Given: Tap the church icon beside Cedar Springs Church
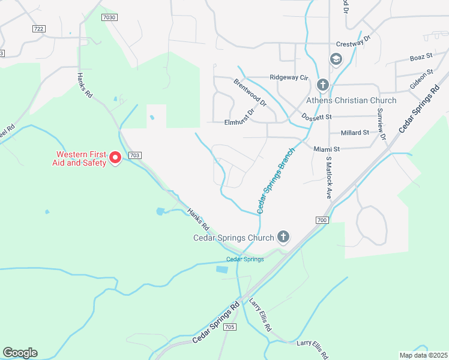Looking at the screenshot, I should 283,238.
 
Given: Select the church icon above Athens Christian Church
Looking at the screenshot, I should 322,85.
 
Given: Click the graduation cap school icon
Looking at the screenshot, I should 336,59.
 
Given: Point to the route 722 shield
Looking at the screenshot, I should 39,28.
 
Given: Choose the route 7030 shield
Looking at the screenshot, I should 109,18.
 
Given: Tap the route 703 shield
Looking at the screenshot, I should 134,155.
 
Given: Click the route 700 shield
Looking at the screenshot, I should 322,221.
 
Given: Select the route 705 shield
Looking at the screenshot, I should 229,327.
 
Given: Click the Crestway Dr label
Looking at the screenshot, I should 354,44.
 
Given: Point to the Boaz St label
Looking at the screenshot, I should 421,56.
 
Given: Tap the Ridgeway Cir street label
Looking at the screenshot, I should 288,78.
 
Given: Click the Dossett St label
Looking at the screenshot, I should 316,116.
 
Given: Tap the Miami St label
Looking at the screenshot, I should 327,148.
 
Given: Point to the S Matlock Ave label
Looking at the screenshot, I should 328,178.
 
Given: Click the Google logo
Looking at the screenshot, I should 20,353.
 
